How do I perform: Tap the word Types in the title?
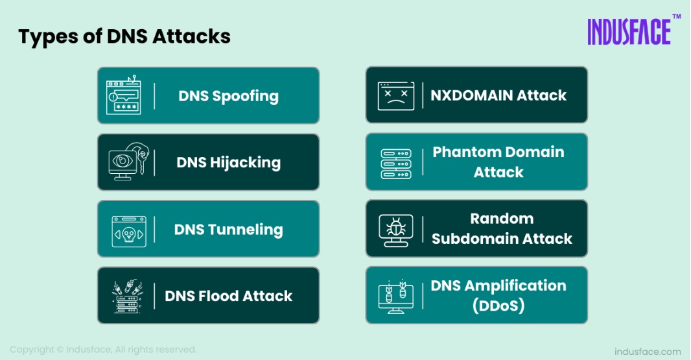(48, 37)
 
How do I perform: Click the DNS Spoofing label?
(228, 96)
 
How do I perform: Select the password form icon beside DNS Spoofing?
(124, 95)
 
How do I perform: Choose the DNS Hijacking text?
(228, 163)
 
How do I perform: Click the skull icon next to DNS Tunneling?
(129, 231)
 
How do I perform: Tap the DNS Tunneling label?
(228, 230)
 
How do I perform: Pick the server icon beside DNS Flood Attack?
(128, 296)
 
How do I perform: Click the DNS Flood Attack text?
(228, 296)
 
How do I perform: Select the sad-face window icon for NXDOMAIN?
(396, 96)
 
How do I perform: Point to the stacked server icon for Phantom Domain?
(396, 163)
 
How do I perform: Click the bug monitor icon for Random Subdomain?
(396, 230)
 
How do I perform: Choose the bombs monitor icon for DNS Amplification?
(396, 296)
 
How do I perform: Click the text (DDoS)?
(498, 306)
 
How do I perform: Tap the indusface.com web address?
(648, 352)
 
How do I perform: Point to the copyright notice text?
(103, 350)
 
